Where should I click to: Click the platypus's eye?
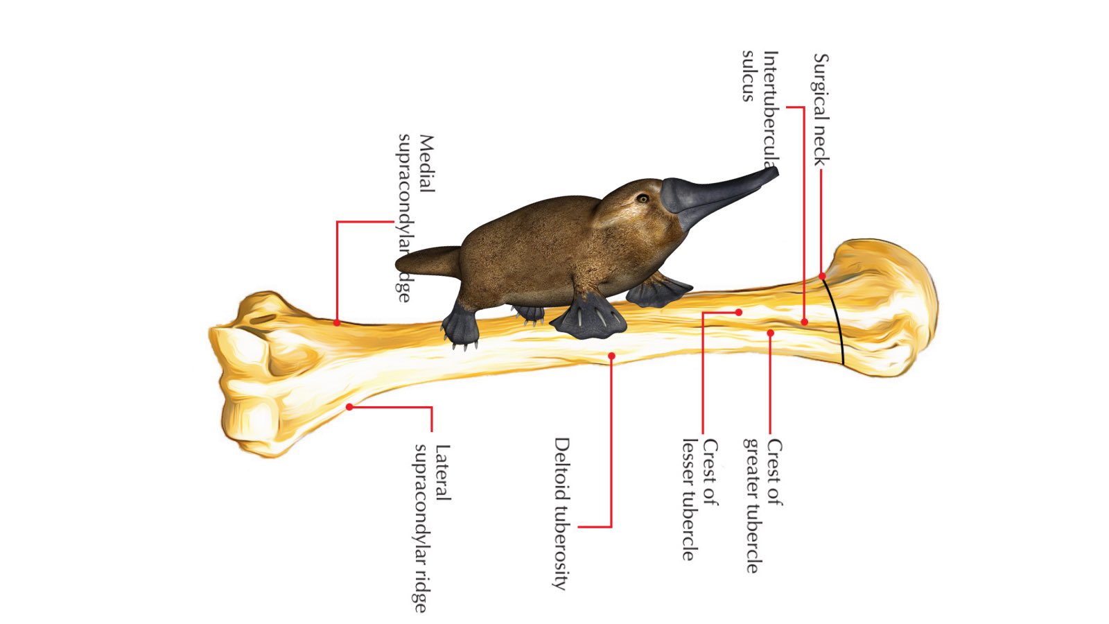[x=643, y=199]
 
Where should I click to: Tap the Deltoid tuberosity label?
[x=561, y=513]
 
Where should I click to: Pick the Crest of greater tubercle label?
[x=762, y=506]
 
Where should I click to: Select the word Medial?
[x=426, y=164]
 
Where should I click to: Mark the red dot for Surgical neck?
[x=822, y=276]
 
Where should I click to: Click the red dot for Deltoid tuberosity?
[x=611, y=356]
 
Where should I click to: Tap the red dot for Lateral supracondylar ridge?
[x=350, y=407]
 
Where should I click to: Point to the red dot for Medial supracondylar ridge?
[x=337, y=322]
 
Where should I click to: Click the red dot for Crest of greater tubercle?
[x=770, y=333]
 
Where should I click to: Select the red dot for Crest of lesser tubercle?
[x=739, y=313]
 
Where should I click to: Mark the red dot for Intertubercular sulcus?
[x=804, y=322]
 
